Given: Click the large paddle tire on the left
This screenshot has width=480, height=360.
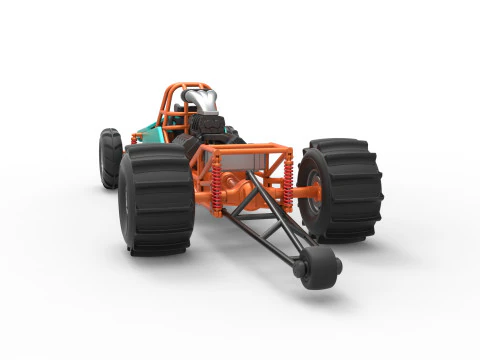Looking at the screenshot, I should click(155, 200).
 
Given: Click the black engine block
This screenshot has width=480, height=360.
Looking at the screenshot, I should click(212, 130).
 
